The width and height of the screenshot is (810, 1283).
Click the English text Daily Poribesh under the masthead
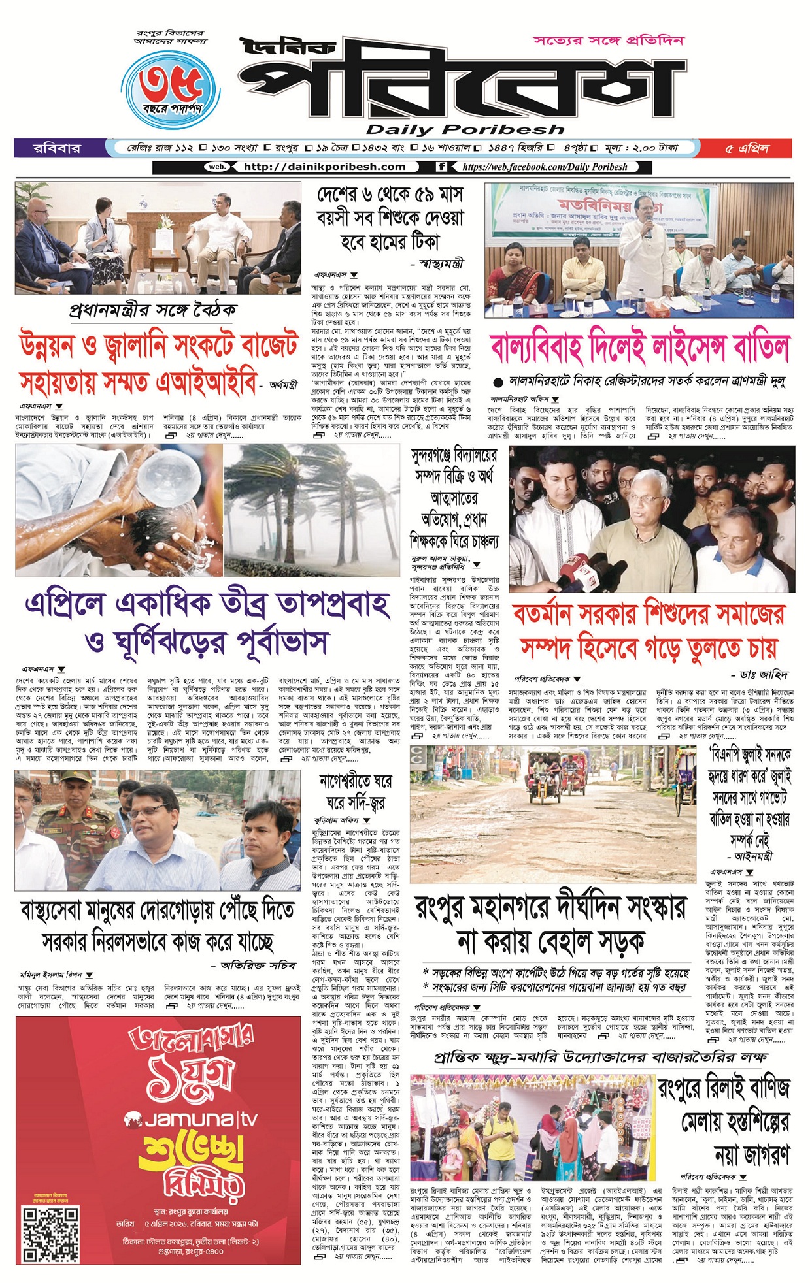(x=465, y=129)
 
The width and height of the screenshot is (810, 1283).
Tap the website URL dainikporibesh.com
(x=324, y=167)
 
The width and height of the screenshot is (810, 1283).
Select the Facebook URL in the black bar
(x=545, y=167)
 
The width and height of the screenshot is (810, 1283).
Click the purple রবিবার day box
(x=57, y=148)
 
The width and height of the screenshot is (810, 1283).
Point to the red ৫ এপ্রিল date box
(x=746, y=148)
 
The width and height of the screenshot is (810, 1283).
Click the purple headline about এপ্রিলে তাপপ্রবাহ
(x=207, y=623)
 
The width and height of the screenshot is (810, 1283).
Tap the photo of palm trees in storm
(x=311, y=510)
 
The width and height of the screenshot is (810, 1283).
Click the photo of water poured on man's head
(x=119, y=510)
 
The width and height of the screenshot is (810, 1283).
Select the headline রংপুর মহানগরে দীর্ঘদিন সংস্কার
(x=550, y=924)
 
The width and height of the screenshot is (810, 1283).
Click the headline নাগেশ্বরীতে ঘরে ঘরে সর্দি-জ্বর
(x=356, y=791)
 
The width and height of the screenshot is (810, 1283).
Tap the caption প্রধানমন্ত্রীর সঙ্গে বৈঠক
(x=153, y=310)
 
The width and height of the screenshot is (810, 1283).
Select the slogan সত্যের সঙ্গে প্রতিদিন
(x=608, y=41)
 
